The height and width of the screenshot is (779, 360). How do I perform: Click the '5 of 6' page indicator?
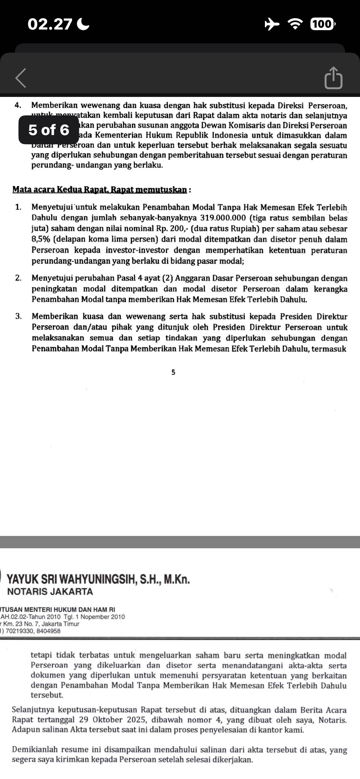[49, 130]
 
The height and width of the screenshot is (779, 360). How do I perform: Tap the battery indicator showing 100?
[322, 24]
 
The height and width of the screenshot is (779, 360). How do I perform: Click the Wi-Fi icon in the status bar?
[295, 24]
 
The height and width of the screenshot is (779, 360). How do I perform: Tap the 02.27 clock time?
[50, 24]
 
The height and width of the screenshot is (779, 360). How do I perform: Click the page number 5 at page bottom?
[173, 373]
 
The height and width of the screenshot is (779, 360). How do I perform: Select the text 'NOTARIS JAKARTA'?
[50, 592]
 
